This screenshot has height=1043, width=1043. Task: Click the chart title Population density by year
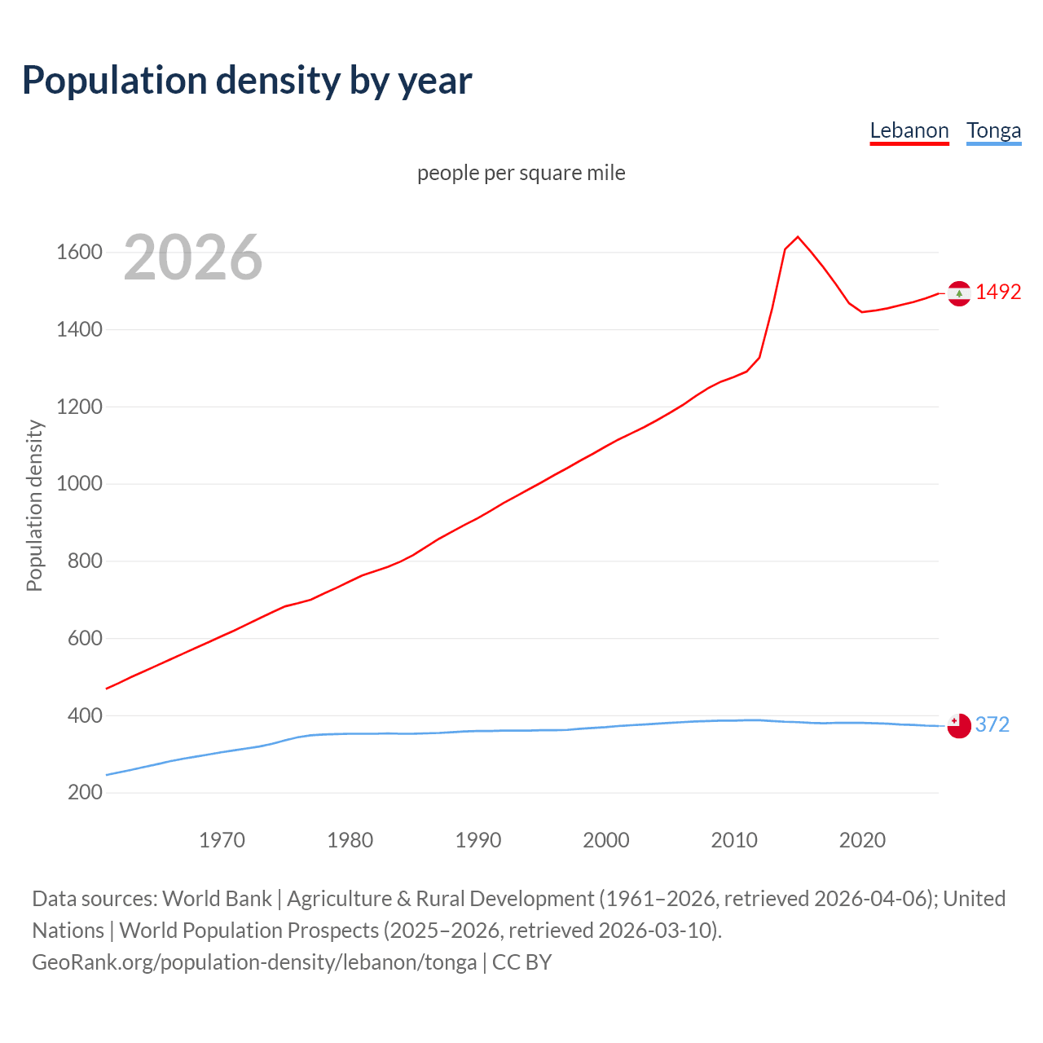tap(247, 81)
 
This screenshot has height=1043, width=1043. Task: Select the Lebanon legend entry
tap(909, 130)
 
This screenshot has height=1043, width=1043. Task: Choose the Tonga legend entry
tap(993, 130)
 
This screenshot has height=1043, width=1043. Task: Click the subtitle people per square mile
tap(521, 173)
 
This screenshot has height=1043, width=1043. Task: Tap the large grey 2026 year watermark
tap(193, 257)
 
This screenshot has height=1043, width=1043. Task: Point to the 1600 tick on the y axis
tap(79, 253)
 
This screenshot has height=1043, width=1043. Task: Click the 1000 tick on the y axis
tap(79, 484)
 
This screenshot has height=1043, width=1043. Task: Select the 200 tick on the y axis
tap(85, 793)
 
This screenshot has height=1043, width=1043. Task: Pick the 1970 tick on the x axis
tap(222, 840)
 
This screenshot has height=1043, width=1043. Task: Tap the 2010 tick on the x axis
tap(734, 840)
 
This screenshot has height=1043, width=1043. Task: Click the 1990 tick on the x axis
tap(478, 840)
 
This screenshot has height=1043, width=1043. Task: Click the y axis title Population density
tap(34, 505)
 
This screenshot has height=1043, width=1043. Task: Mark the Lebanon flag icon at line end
tap(959, 293)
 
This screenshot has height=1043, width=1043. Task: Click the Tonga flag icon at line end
tap(959, 725)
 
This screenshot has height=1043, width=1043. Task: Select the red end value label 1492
tap(998, 292)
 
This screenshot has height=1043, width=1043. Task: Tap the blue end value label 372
tap(992, 724)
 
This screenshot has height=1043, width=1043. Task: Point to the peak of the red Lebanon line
tap(798, 237)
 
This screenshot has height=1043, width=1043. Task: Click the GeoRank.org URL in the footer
tap(254, 962)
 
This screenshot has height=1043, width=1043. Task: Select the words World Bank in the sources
tap(217, 899)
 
